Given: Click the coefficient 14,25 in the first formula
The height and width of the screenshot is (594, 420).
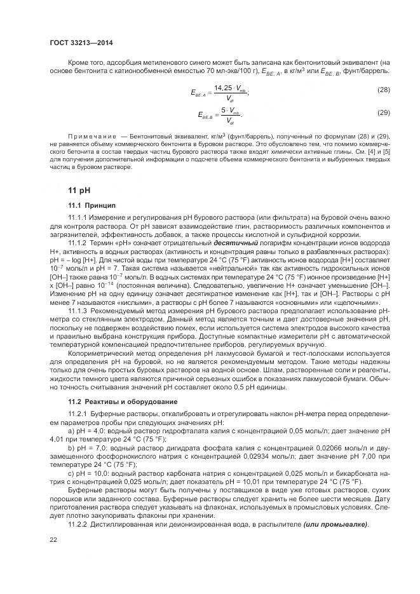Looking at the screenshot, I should point(224,87).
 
